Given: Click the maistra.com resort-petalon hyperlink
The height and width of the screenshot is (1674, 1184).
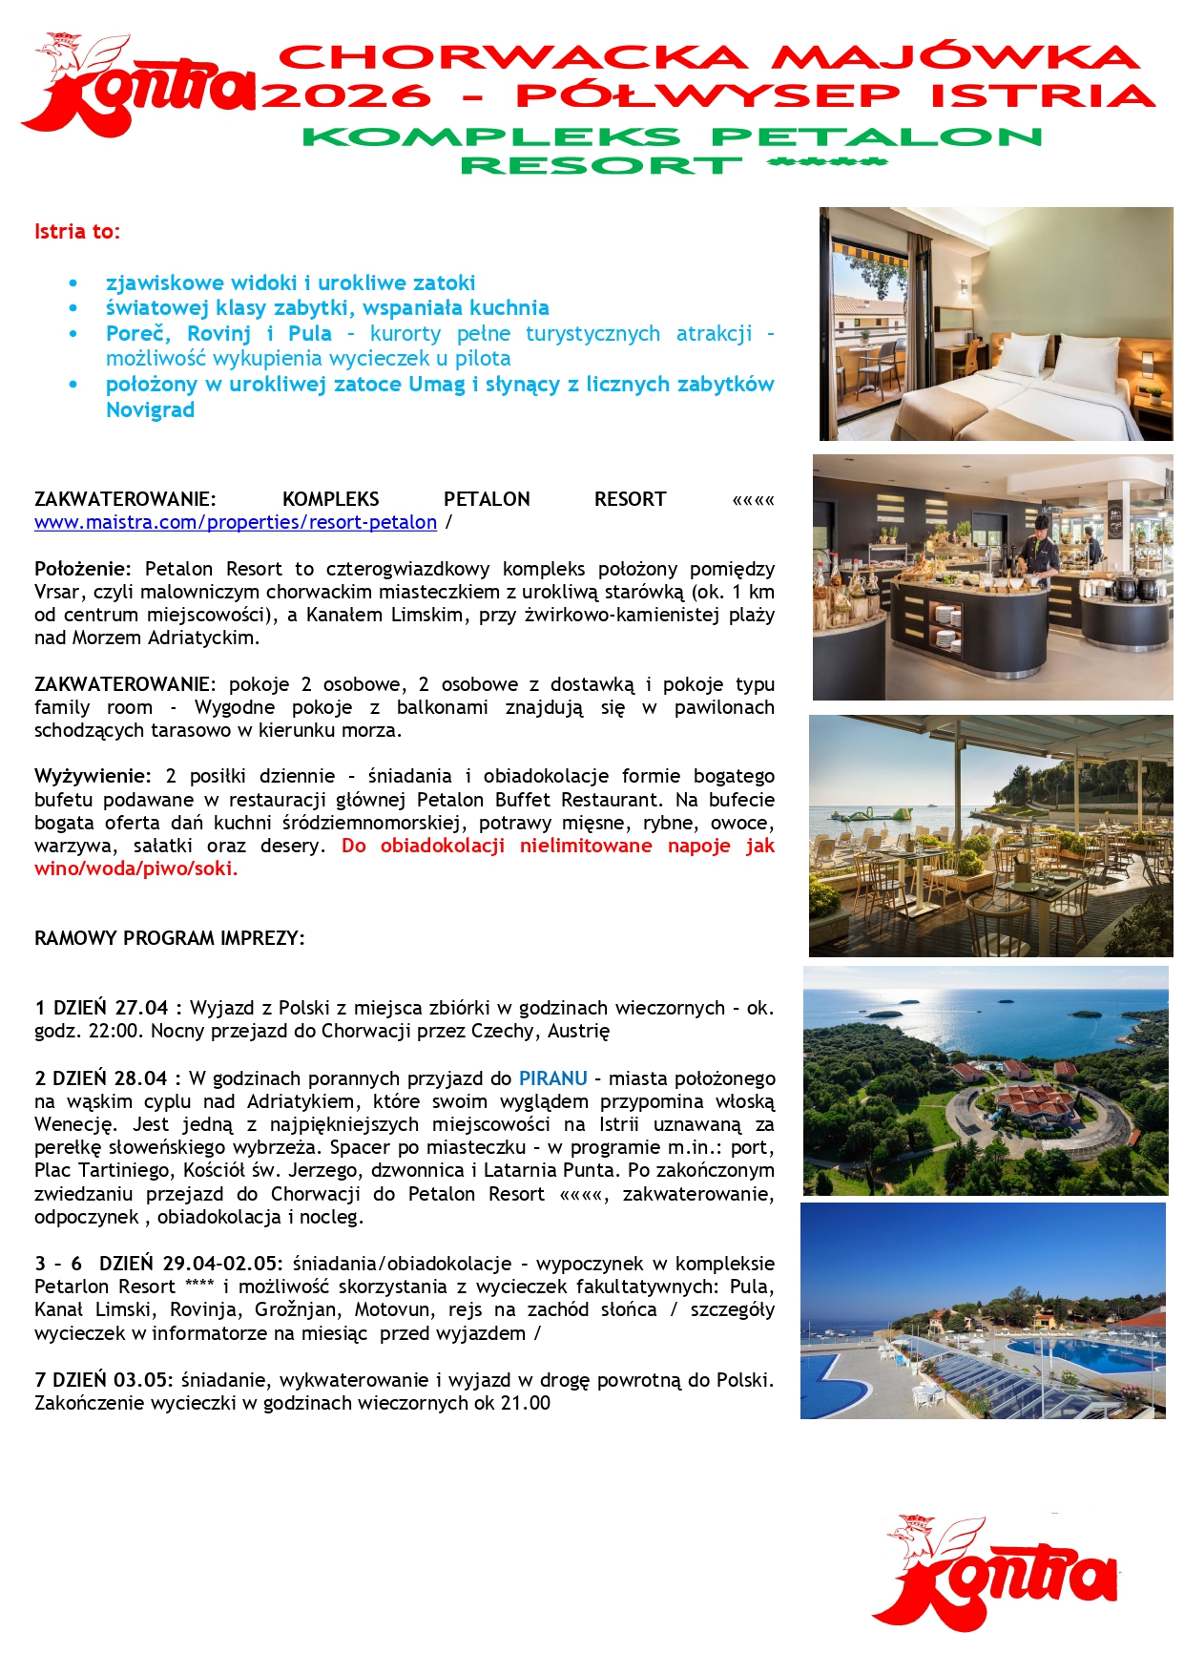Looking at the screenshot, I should [x=236, y=523].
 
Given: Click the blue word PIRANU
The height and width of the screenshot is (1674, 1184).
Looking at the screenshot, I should [x=552, y=1078].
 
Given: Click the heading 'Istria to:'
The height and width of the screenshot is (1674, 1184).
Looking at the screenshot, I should [x=77, y=232].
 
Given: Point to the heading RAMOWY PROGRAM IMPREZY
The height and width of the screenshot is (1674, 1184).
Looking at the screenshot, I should [x=170, y=938].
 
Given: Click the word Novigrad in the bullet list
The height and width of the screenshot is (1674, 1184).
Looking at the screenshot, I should [x=150, y=410].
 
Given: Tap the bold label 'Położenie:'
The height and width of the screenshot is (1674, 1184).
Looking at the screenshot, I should [x=83, y=570].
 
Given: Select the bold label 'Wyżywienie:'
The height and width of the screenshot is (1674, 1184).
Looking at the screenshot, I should [x=93, y=776].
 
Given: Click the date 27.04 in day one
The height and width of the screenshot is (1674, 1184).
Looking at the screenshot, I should [x=141, y=1008].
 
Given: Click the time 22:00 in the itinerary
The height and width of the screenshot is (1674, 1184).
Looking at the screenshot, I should [x=117, y=1031].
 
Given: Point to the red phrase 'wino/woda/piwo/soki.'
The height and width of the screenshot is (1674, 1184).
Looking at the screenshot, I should [x=135, y=868].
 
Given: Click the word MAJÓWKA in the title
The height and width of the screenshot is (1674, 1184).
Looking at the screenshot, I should [x=955, y=57].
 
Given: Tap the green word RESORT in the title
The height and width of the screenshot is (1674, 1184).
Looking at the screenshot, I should [x=601, y=165].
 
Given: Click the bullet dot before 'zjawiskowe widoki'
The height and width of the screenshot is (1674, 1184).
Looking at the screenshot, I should [x=73, y=283].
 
